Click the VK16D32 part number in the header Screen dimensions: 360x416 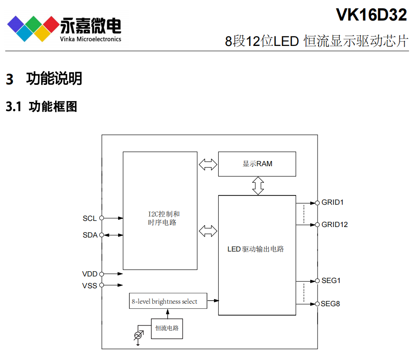coord(371,15)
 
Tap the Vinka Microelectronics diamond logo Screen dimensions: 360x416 coord(32,28)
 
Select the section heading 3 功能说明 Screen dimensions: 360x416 coord(44,79)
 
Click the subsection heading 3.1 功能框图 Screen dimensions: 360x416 coord(42,106)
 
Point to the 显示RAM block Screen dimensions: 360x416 coord(257,164)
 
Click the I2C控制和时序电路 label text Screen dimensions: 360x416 coord(164,218)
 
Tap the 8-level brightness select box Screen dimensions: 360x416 coord(168,301)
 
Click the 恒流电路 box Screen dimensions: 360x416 coord(167,329)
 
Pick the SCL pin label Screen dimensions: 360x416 coord(90,218)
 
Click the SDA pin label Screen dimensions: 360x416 coord(90,235)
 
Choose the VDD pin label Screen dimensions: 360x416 coord(90,274)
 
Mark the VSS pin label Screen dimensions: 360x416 coord(90,286)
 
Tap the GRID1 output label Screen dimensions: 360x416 coord(332,203)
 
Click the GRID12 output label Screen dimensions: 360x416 coord(335,225)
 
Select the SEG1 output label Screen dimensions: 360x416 coord(331,281)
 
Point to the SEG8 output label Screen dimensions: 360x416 coord(331,304)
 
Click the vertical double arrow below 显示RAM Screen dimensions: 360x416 coord(258,185)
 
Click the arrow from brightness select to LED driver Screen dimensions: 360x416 coord(213,301)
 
